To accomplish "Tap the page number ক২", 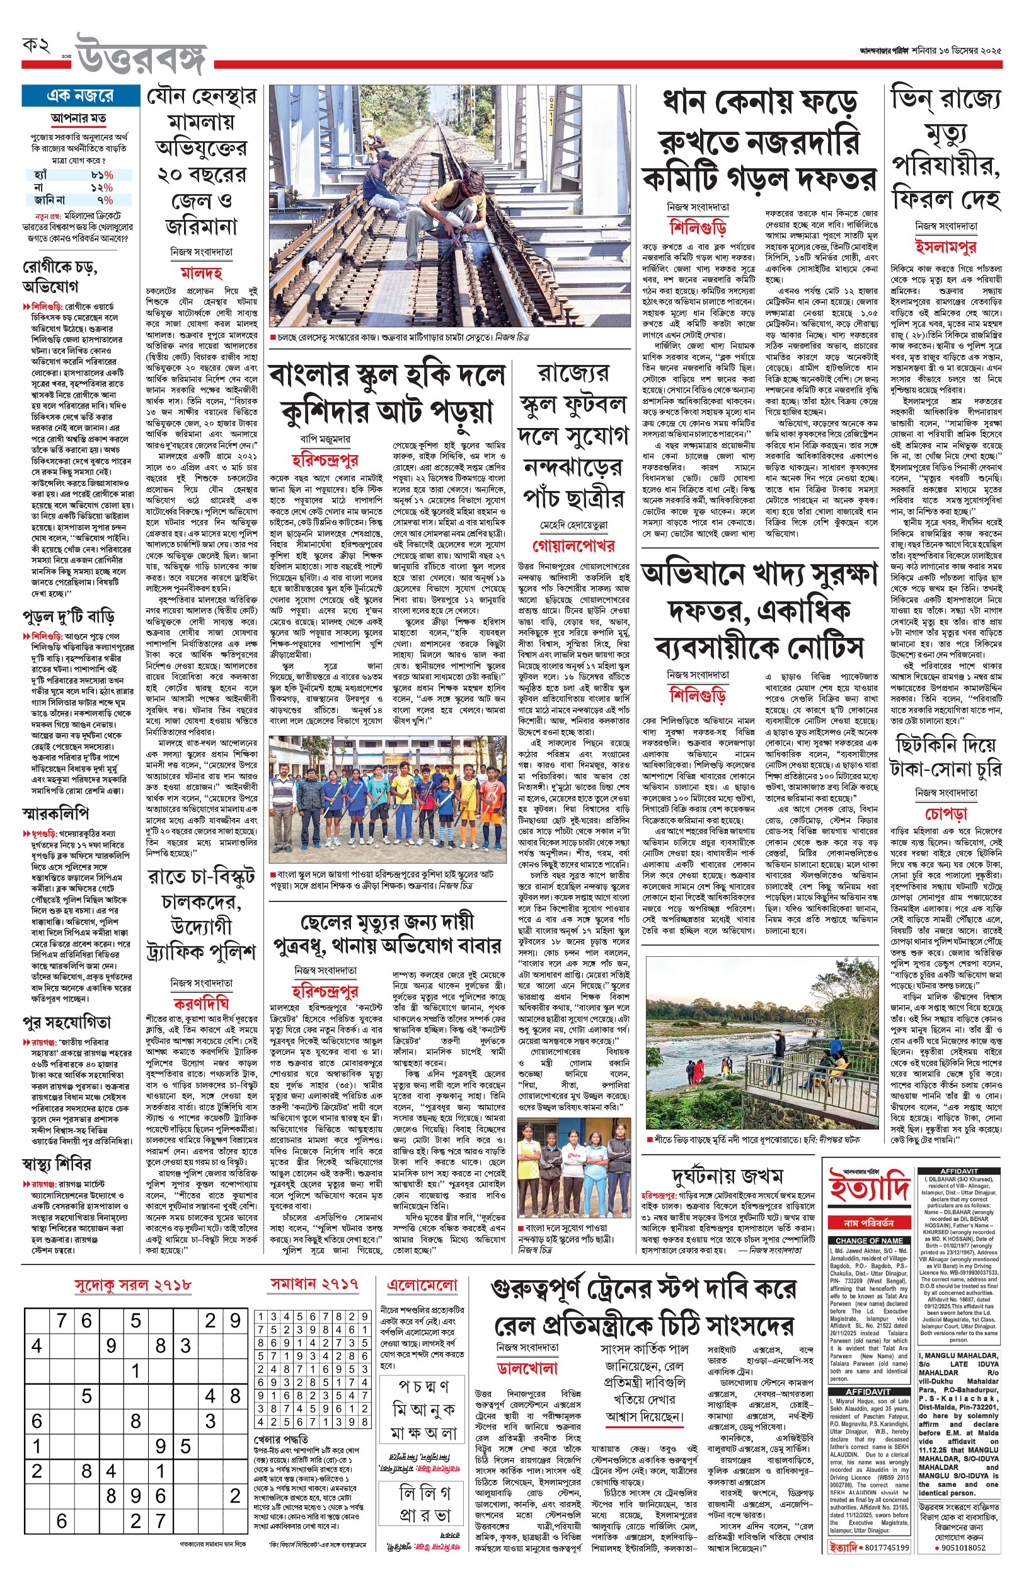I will tap(37, 46).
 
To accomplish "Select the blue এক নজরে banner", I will tap(80, 96).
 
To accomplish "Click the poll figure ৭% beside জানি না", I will tap(105, 199).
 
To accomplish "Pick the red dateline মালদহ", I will tap(201, 273).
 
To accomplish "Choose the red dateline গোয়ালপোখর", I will tap(573, 545).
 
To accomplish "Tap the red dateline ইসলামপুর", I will tap(945, 246).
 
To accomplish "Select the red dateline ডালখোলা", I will tap(527, 1368).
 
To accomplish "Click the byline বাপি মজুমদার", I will tap(325, 439).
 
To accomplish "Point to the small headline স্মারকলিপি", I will tap(55, 813).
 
